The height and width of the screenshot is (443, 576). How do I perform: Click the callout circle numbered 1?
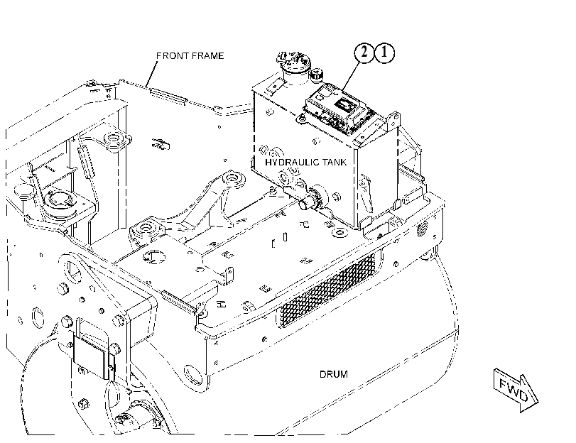click(x=384, y=53)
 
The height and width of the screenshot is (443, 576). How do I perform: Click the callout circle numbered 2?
click(x=364, y=53)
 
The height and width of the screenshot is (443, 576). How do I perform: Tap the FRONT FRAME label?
click(x=190, y=56)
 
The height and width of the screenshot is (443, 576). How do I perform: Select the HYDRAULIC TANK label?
click(x=305, y=162)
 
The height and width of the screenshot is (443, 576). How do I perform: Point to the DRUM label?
click(x=334, y=374)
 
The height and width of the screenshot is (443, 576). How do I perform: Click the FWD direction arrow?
click(x=516, y=390)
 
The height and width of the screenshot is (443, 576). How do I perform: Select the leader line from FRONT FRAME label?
click(x=152, y=73)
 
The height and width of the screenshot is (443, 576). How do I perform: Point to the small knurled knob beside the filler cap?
click(x=316, y=74)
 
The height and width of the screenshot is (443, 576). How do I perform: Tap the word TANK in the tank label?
click(x=335, y=162)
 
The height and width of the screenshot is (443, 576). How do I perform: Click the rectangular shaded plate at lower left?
click(x=92, y=357)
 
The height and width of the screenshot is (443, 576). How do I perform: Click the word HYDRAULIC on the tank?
click(x=293, y=162)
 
